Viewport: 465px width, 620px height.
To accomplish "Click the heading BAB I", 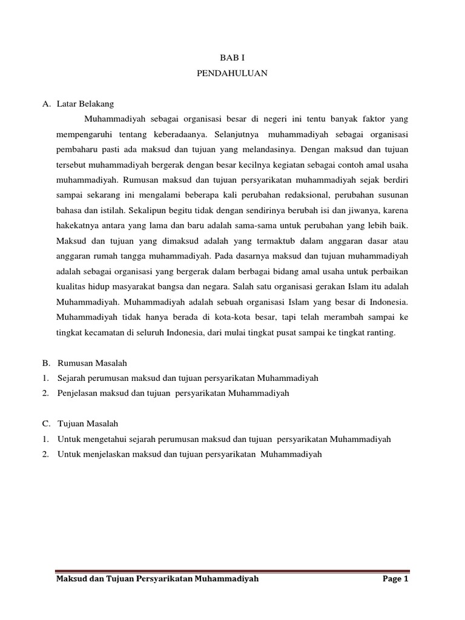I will coord(232,58).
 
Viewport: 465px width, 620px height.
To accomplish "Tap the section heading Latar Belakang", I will coord(81,103).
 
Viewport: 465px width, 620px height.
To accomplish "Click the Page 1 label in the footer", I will coord(396,579).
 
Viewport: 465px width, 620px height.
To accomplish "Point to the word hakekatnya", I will coord(77,226).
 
